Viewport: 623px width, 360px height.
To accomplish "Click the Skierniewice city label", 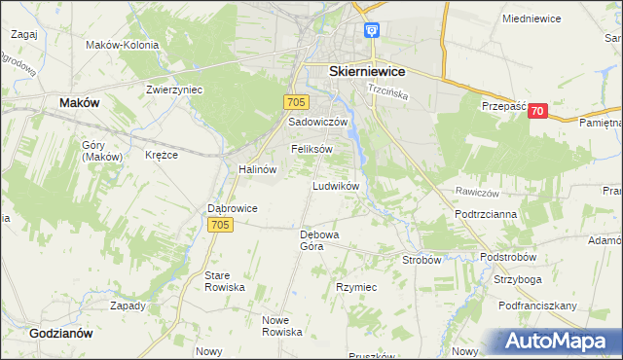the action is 368,71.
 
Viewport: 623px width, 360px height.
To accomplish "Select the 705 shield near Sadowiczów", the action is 298,101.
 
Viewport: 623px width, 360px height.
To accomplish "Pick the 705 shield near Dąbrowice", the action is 221,226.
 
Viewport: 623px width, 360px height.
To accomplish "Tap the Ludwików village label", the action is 337,185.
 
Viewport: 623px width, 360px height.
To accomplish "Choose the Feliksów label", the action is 311,149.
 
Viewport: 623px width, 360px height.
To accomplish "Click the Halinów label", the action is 258,168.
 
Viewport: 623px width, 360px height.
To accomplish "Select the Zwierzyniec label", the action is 174,89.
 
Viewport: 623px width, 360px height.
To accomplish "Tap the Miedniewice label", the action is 534,18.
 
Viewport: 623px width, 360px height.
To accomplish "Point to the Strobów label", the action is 422,260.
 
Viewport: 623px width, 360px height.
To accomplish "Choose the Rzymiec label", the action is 356,288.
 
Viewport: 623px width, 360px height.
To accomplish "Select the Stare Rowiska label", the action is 223,282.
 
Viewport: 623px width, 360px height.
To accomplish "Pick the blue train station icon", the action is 372,30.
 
